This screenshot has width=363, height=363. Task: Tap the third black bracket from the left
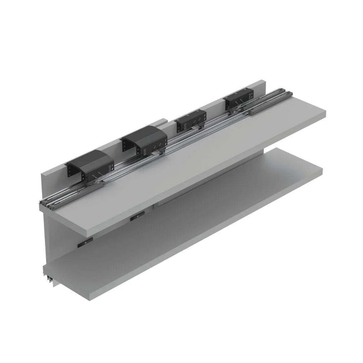point(190,121)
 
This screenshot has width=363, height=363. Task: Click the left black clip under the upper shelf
point(85,243)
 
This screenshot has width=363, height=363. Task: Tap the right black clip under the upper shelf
point(137,216)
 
